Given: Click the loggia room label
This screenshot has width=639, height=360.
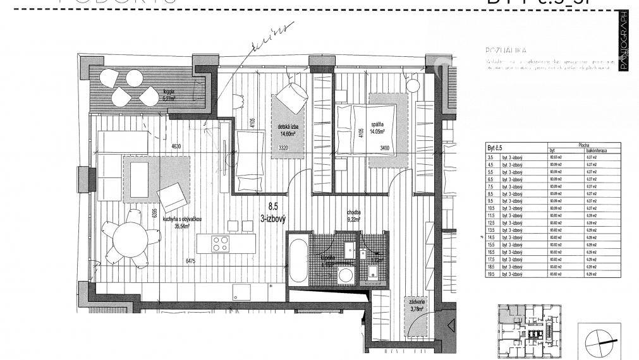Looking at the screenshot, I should [168, 92].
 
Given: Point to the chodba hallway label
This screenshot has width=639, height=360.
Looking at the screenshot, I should [353, 213].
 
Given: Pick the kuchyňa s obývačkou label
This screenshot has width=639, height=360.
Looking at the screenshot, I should [181, 219].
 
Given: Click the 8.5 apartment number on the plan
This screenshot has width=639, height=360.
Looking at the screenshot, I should [273, 205].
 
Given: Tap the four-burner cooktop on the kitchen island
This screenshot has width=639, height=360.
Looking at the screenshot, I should [220, 244].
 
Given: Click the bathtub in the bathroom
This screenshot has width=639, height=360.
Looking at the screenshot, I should [298, 260].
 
